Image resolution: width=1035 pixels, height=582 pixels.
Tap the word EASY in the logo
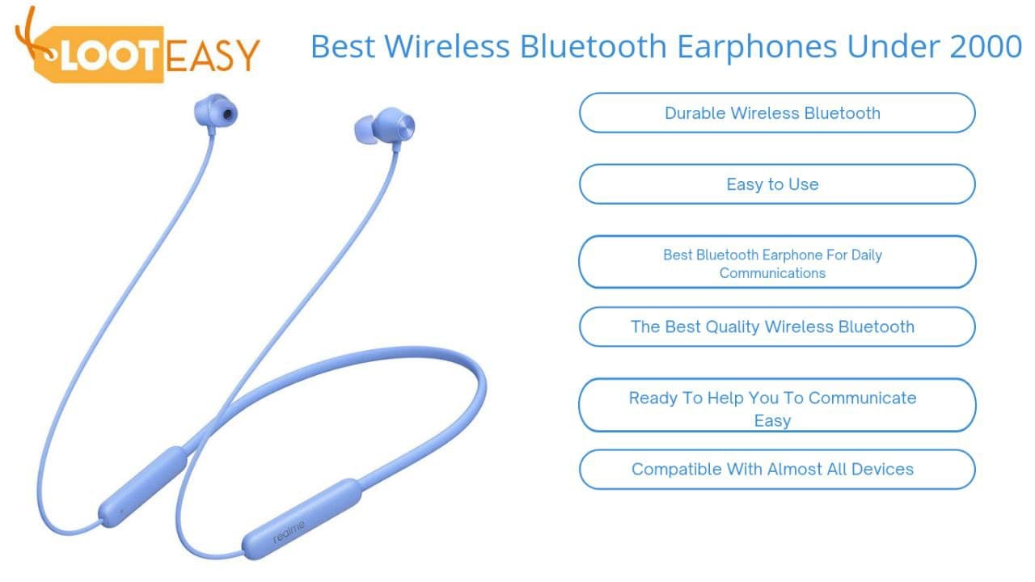pyautogui.click(x=213, y=54)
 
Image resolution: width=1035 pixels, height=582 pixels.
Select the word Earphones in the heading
pyautogui.click(x=756, y=47)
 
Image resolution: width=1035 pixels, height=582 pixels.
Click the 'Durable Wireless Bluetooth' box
pyautogui.click(x=776, y=113)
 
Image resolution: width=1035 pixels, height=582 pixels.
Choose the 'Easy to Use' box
pyautogui.click(x=776, y=184)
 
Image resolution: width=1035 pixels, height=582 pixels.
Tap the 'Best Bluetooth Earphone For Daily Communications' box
pyautogui.click(x=776, y=263)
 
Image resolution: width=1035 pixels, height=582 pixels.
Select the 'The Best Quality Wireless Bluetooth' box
pyautogui.click(x=776, y=327)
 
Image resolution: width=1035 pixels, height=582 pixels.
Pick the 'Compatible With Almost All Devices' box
pyautogui.click(x=776, y=470)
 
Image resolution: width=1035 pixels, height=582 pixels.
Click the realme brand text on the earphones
pyautogui.click(x=289, y=533)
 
